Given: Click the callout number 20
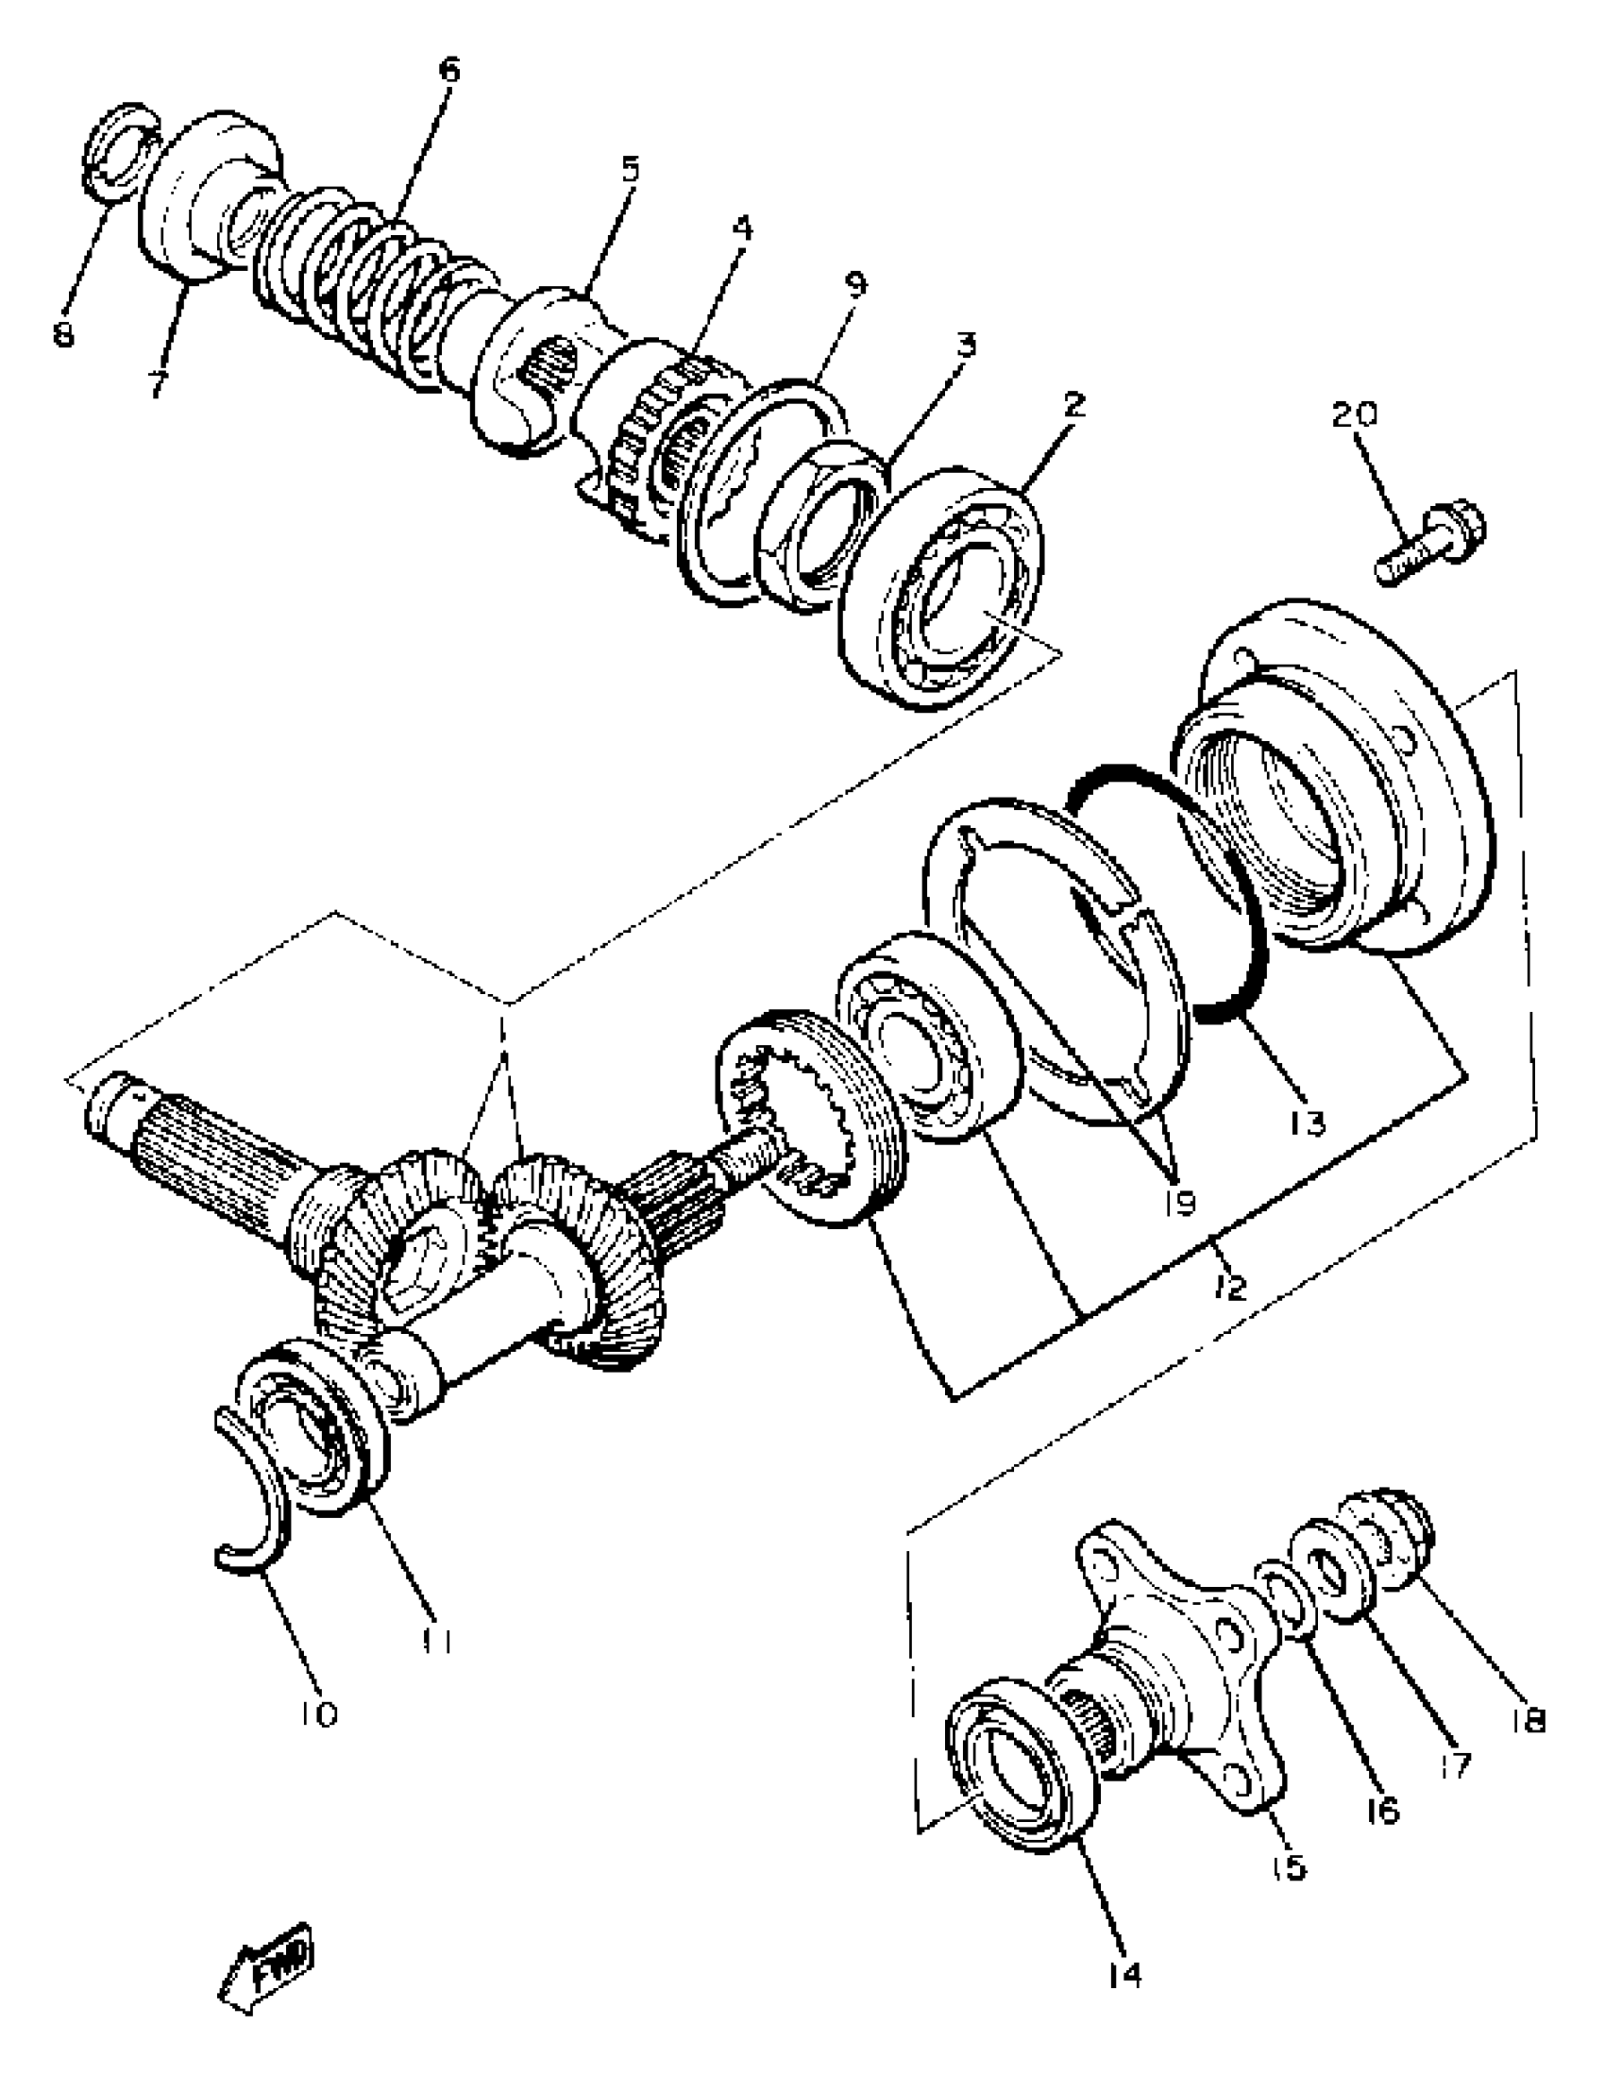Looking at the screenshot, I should click(x=1353, y=415).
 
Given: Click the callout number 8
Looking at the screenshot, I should click(x=63, y=335).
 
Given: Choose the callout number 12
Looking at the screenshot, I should click(x=1229, y=1288).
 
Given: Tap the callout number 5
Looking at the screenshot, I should click(x=630, y=170).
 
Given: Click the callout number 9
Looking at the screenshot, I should click(x=855, y=284).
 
